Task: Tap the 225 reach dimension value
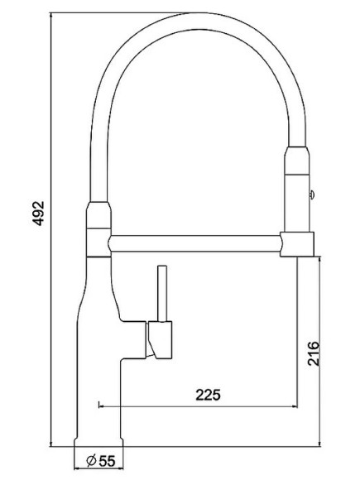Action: point(209,395)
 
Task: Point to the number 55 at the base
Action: point(105,460)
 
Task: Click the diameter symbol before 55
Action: point(89,460)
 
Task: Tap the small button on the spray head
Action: point(311,195)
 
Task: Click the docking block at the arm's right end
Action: point(299,244)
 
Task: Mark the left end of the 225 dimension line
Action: point(99,406)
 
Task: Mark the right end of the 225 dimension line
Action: point(297,406)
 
